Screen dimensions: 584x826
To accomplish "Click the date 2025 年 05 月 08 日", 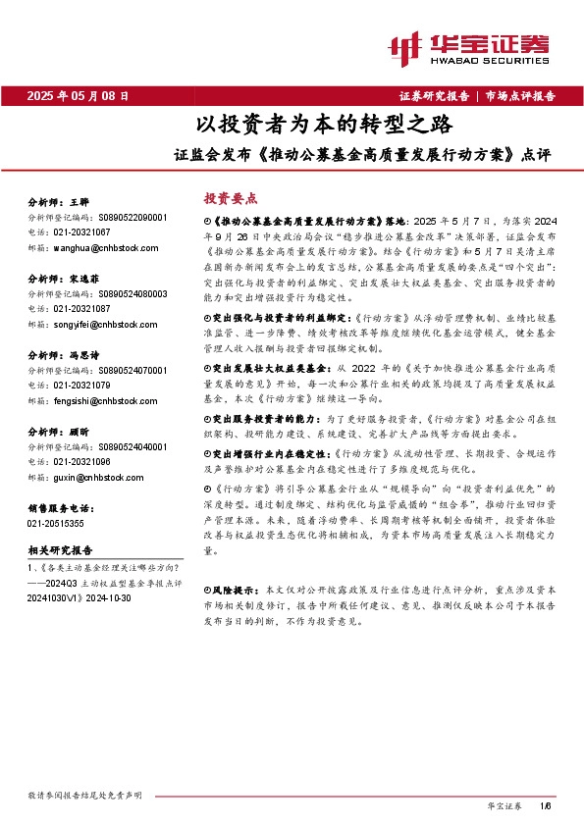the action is click(x=78, y=96).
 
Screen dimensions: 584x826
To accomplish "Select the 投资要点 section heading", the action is click(x=230, y=196).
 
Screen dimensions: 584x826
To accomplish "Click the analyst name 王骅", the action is click(x=80, y=199).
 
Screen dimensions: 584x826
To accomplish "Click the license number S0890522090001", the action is click(x=129, y=216).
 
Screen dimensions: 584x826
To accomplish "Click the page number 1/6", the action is click(x=546, y=805).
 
